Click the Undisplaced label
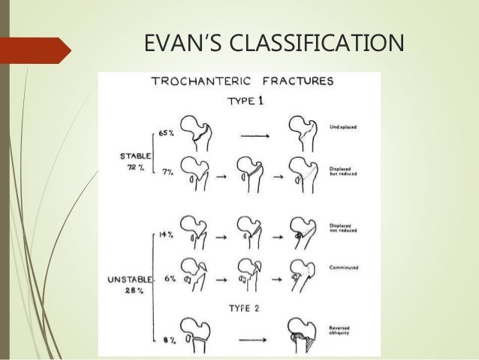click(344, 128)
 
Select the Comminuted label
click(343, 266)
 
